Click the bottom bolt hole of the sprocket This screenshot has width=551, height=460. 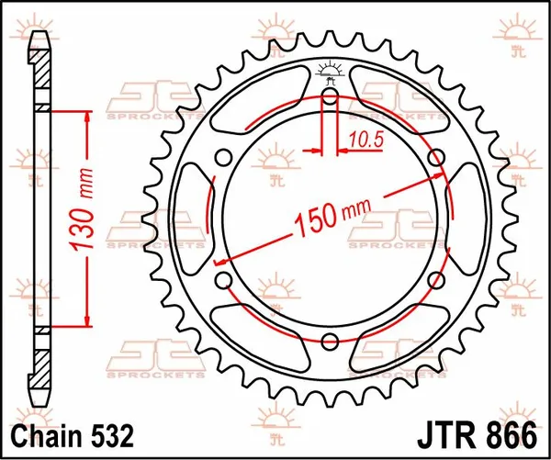coord(331,340)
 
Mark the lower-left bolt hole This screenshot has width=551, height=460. coord(222,279)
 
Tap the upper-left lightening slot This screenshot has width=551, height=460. coord(262,100)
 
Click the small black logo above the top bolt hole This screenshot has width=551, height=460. coord(331,70)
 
